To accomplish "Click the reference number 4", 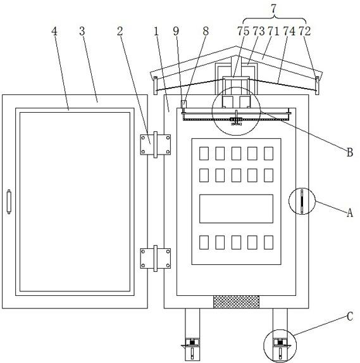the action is tap(54, 31).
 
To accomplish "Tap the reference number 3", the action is tap(82, 31).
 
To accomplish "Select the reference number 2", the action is tap(120, 31).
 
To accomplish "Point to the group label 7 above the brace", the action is tap(274, 9).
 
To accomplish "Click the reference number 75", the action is tap(244, 31).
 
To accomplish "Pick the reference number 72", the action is tap(304, 31).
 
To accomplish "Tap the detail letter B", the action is tap(350, 152).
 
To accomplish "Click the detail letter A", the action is tap(350, 212).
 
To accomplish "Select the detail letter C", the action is tap(350, 316).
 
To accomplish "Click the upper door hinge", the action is tap(156, 144).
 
